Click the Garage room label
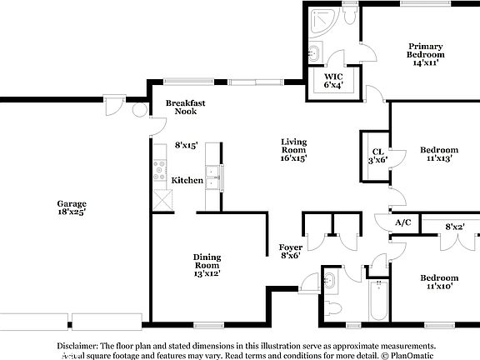72,207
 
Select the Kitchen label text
187,181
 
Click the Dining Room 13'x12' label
207,265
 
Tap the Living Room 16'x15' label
293,150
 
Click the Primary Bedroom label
424,54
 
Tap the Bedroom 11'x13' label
438,155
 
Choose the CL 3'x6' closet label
377,155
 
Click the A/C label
403,222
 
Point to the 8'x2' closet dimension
454,226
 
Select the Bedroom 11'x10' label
438,282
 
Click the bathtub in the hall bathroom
377,301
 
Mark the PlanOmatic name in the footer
407,355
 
